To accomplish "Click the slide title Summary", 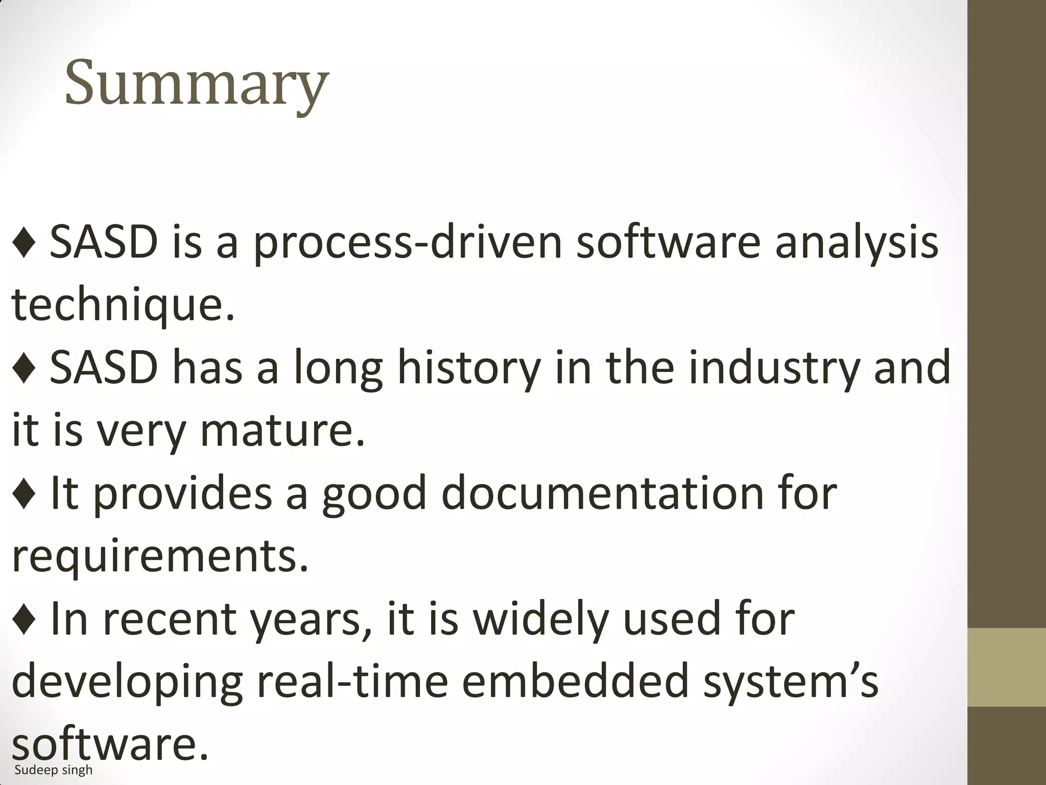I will point(197,83).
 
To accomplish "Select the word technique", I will point(123,305).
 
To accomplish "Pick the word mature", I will point(282,430).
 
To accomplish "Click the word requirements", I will point(160,556).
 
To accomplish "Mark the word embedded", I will point(576,681).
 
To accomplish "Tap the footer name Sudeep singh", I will point(54,770).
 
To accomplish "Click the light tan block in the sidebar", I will point(1007,667).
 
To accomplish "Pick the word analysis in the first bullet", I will point(857,243).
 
